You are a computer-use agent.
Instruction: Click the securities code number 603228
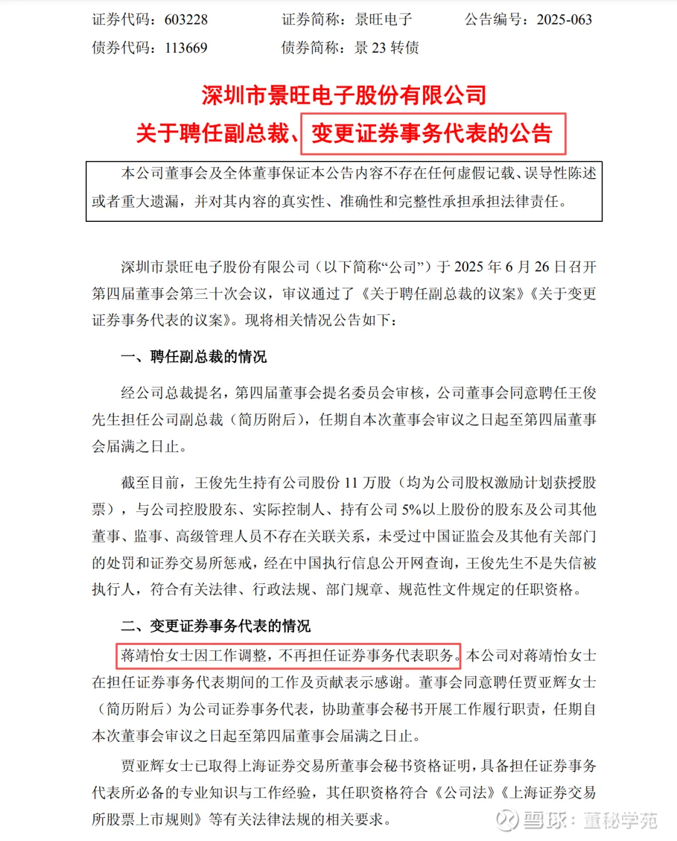(186, 19)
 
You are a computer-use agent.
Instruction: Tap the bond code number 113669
(186, 48)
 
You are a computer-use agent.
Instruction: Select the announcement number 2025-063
(564, 19)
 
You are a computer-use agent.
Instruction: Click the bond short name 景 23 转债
(386, 48)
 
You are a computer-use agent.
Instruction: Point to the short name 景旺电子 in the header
(384, 19)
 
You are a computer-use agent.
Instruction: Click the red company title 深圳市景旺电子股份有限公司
(344, 95)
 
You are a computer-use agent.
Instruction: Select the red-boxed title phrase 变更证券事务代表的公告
(433, 133)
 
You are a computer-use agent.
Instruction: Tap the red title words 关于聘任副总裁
(213, 133)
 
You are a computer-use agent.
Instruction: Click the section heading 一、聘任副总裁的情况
(194, 357)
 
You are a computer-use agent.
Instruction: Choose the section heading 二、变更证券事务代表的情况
(216, 625)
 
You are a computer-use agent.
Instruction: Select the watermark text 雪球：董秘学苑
(590, 820)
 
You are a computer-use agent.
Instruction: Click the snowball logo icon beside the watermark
(506, 820)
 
